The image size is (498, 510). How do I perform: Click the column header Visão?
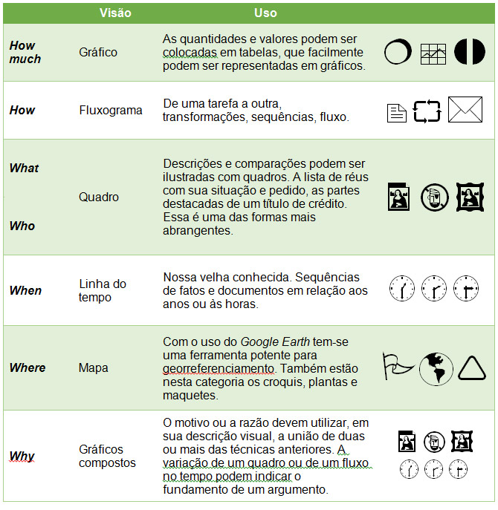[x=116, y=13]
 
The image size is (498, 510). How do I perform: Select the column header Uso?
[x=265, y=13]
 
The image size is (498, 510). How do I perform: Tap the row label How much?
[x=25, y=52]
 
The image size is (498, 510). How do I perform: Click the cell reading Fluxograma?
[x=110, y=110]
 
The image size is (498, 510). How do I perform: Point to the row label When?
[x=25, y=290]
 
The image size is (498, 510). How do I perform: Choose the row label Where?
[x=28, y=367]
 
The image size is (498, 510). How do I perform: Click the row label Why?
[x=22, y=456]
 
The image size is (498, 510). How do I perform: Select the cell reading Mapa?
[x=93, y=367]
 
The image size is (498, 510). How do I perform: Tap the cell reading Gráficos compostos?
[x=107, y=456]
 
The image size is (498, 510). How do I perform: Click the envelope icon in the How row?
[x=465, y=111]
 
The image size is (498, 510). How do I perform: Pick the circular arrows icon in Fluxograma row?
[x=427, y=111]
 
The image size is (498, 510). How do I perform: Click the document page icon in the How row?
[x=397, y=113]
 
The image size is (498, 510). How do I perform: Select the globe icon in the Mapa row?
[x=436, y=368]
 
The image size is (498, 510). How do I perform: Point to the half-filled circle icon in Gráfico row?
[x=469, y=52]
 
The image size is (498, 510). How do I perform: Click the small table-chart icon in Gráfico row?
[x=433, y=53]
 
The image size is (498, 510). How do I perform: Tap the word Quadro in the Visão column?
[x=98, y=197]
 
